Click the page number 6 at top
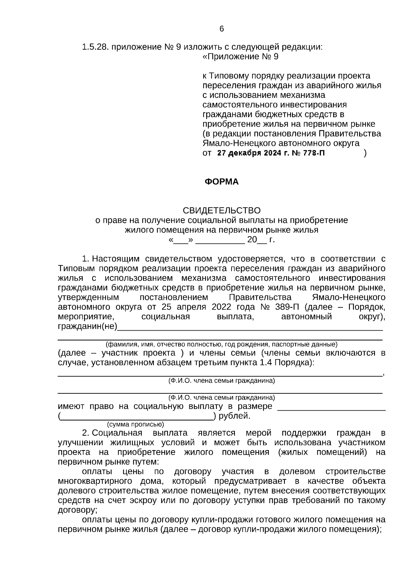coord(221,29)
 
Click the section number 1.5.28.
coord(95,47)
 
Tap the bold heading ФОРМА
coord(221,182)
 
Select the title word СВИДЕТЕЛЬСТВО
coord(221,211)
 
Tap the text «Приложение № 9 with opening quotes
coord(240,57)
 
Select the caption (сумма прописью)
coord(135,424)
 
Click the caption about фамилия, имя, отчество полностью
coord(221,345)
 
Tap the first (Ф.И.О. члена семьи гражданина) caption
coord(221,381)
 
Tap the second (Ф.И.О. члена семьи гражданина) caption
coord(221,398)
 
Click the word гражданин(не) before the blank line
coord(87,327)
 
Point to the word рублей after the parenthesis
coord(234,416)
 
